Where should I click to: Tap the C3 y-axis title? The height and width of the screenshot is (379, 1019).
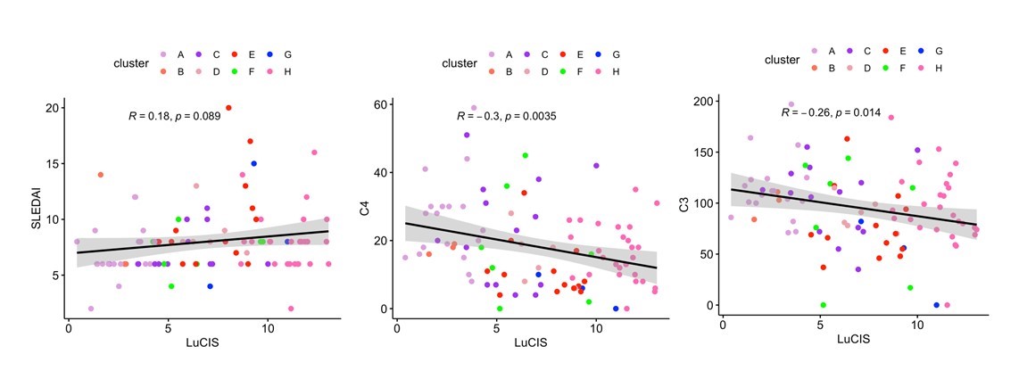click(684, 204)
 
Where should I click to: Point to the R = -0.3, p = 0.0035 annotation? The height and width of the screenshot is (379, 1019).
click(506, 116)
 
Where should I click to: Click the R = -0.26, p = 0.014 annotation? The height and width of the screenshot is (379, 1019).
click(831, 113)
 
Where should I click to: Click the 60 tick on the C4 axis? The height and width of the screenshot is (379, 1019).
click(379, 104)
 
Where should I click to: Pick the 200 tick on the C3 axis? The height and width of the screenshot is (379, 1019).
click(702, 102)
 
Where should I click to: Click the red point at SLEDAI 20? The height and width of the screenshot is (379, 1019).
click(228, 108)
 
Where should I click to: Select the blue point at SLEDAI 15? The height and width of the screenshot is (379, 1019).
click(253, 163)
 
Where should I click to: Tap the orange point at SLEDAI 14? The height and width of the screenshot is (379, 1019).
click(101, 175)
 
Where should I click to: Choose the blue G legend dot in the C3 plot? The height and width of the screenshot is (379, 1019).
click(921, 51)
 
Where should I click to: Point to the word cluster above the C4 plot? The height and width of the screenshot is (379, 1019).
click(460, 62)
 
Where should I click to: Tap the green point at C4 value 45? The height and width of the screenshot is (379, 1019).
click(525, 155)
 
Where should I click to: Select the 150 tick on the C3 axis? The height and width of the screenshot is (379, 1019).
click(702, 152)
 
